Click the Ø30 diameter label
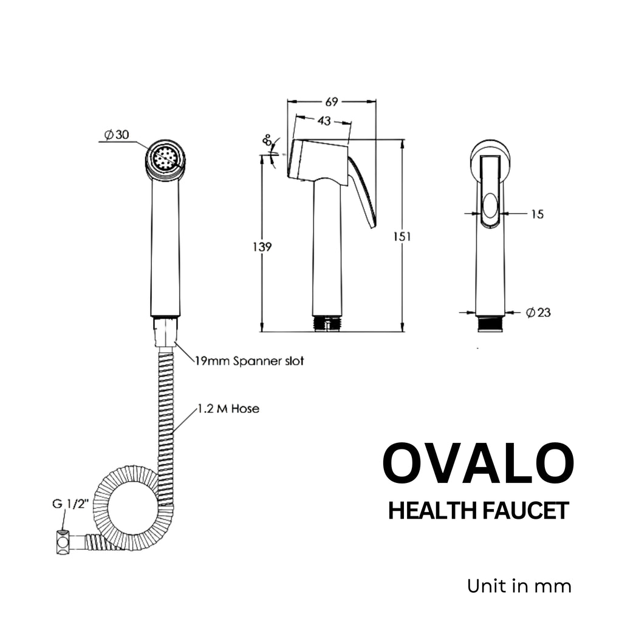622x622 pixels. click(x=116, y=135)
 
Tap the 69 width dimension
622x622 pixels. click(x=332, y=101)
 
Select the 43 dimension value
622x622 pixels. click(x=324, y=121)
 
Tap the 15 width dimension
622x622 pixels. click(x=536, y=214)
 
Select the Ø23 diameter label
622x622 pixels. click(x=538, y=312)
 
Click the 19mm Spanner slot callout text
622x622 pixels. click(x=249, y=361)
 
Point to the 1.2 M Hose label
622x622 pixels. click(x=228, y=409)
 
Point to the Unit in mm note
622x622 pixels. click(x=519, y=586)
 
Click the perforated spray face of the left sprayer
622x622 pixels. click(x=165, y=160)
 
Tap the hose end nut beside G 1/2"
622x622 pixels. click(x=63, y=542)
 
